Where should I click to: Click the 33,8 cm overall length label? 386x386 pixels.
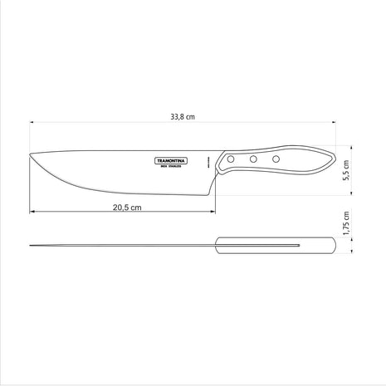tap(184, 117)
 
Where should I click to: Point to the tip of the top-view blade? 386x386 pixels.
tap(30, 246)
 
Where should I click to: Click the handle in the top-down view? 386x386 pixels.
tap(274, 246)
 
